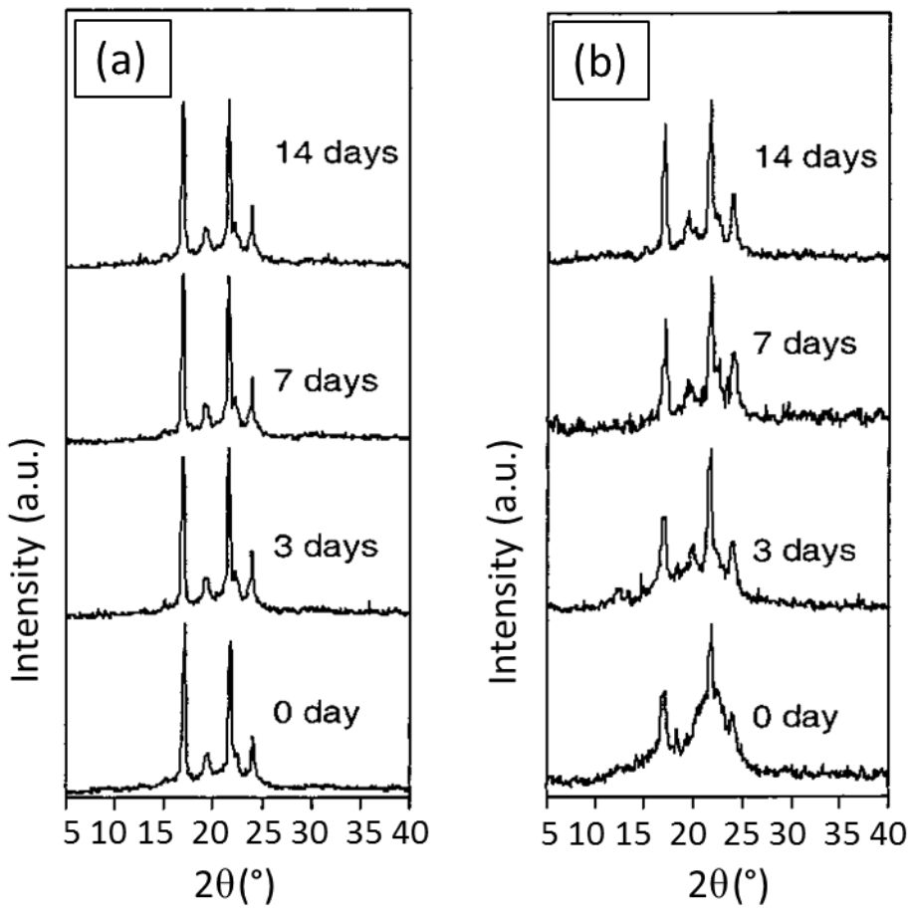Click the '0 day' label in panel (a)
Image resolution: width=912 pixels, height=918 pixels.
(x=318, y=713)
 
